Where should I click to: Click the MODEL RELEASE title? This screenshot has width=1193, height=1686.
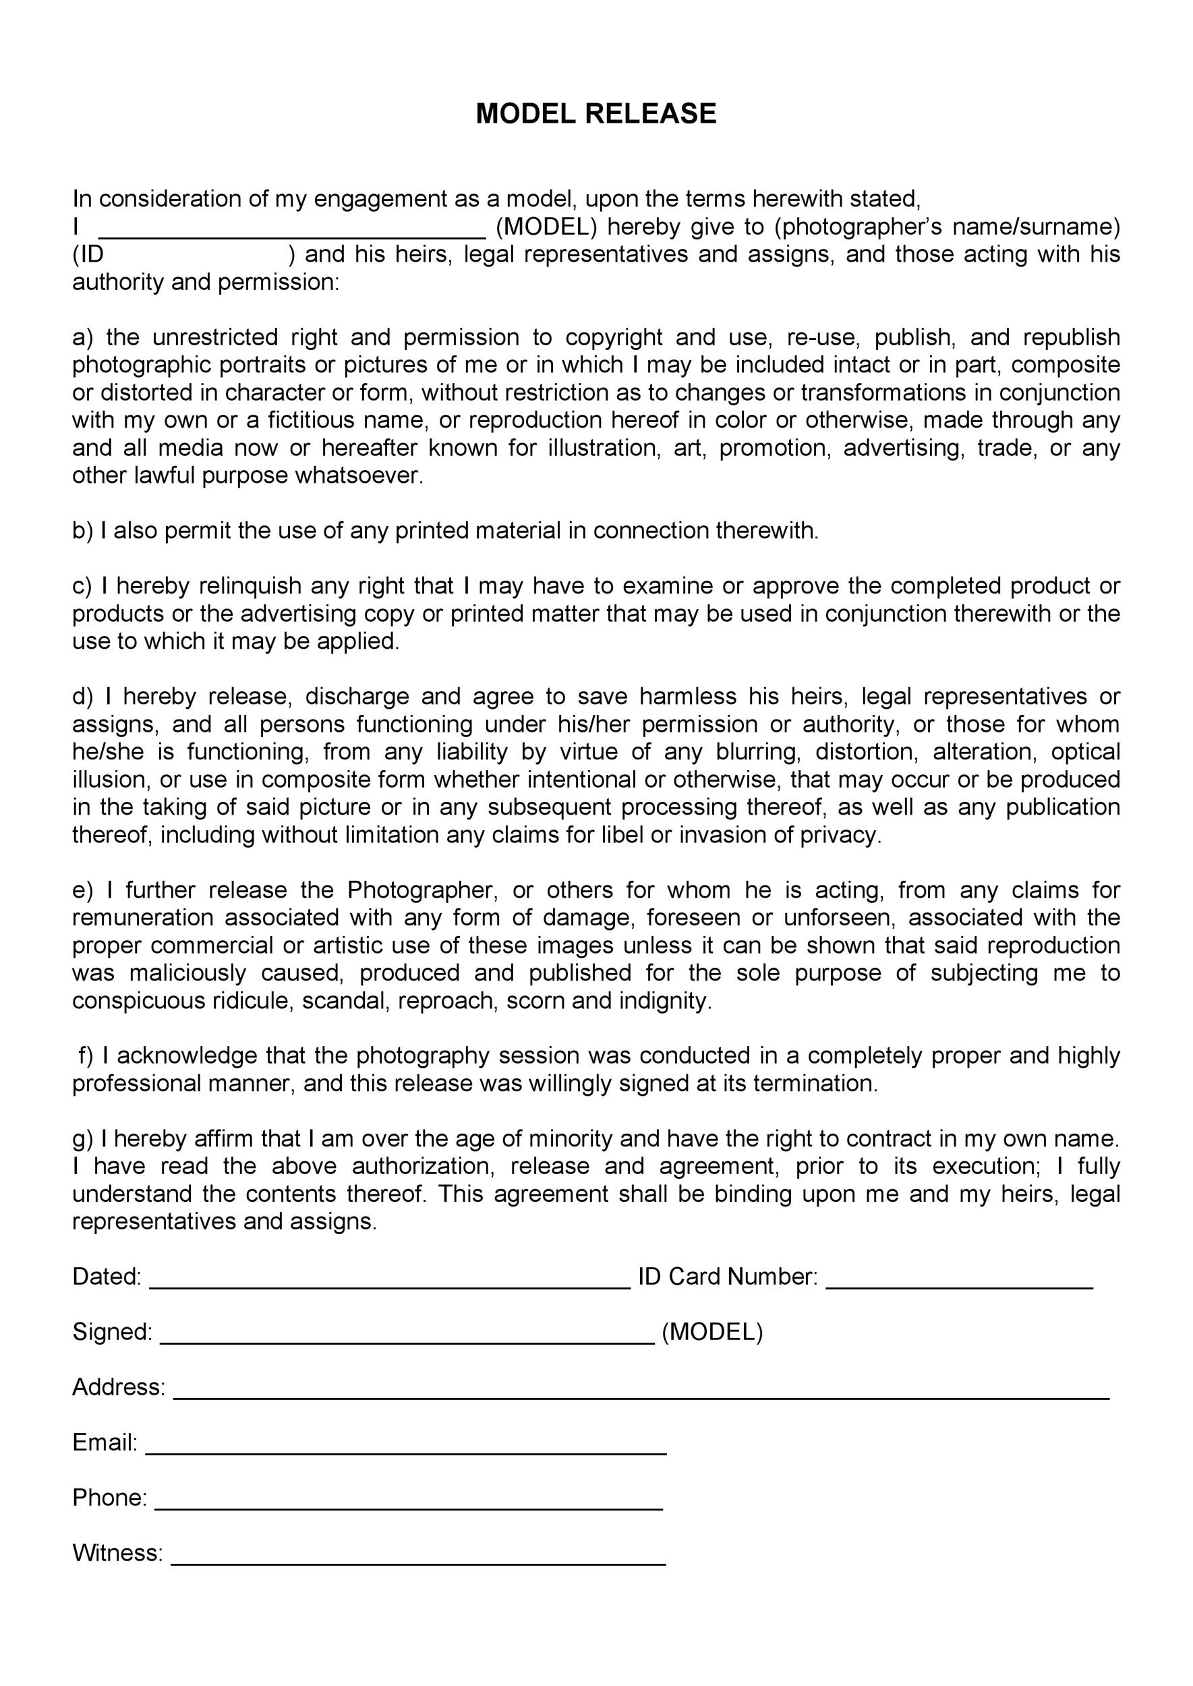pyautogui.click(x=595, y=114)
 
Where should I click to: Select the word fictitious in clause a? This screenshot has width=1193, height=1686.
pyautogui.click(x=314, y=420)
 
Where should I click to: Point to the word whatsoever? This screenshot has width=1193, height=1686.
pyautogui.click(x=359, y=475)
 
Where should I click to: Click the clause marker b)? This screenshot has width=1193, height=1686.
pyautogui.click(x=83, y=530)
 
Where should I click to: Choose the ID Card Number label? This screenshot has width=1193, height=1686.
pyautogui.click(x=727, y=1277)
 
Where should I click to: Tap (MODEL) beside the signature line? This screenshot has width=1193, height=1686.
pyautogui.click(x=712, y=1332)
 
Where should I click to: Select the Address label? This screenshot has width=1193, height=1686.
pyautogui.click(x=118, y=1387)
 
